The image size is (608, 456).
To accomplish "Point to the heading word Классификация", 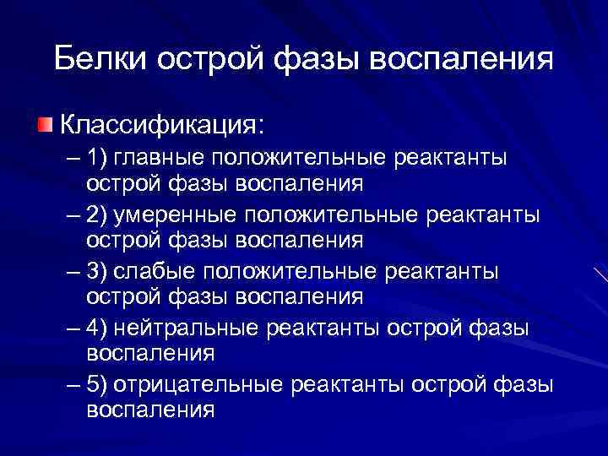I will [x=160, y=125].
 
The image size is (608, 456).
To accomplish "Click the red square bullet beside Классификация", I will [x=44, y=125].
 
